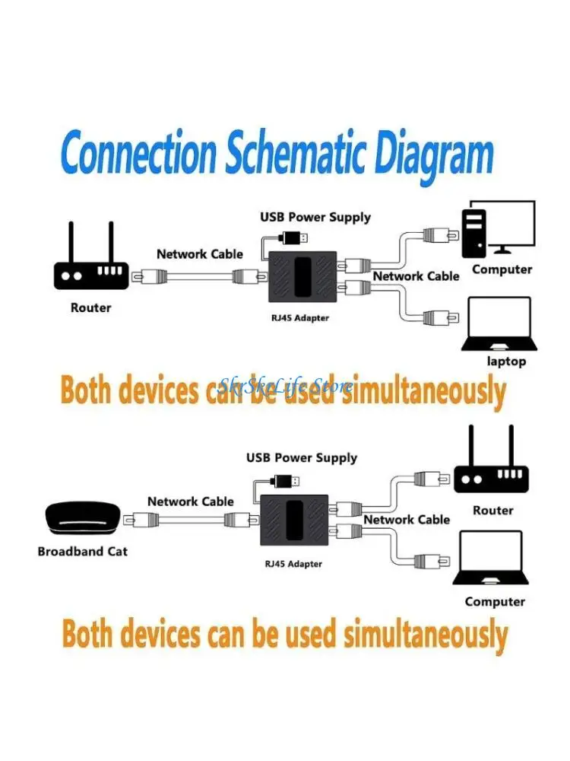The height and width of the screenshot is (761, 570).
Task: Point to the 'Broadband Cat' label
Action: (82, 551)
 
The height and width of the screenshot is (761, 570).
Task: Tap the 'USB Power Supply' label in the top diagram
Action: (315, 217)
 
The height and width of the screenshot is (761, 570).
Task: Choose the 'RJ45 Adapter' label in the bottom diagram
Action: (293, 564)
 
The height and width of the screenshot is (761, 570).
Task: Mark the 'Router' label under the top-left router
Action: (90, 307)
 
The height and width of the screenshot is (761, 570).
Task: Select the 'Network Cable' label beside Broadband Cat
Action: (191, 501)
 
